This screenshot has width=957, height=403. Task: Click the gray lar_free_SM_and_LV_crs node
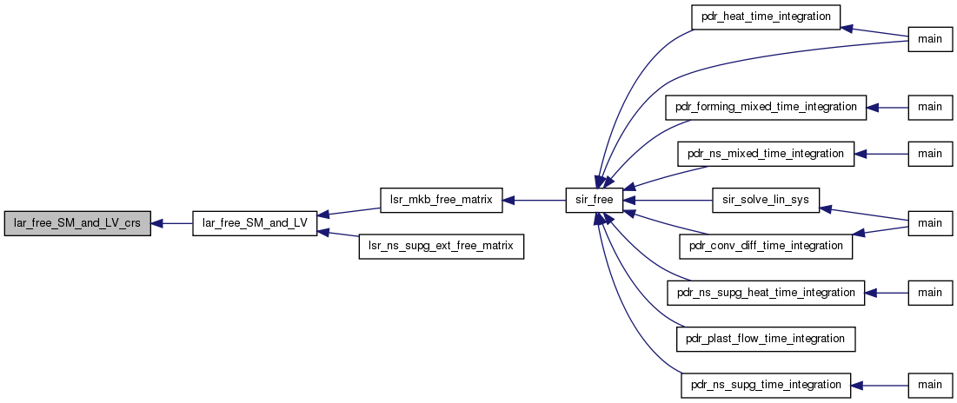pos(76,223)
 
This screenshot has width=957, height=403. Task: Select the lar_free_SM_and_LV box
pos(254,223)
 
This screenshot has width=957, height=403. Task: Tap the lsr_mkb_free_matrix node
pos(441,200)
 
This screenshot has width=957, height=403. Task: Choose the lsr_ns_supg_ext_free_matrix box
pos(441,247)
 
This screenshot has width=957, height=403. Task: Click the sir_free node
pos(594,200)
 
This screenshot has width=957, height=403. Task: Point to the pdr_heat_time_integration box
pos(765,17)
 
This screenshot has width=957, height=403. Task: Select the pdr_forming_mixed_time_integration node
pos(765,107)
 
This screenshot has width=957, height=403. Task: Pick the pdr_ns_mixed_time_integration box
pos(765,154)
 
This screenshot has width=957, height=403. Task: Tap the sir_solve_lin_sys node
pos(765,200)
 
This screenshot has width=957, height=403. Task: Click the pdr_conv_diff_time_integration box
pos(765,246)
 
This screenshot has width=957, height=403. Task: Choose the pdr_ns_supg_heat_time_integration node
pos(765,293)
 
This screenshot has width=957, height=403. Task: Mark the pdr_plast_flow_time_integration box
pos(765,339)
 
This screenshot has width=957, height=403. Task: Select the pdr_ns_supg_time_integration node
pos(765,384)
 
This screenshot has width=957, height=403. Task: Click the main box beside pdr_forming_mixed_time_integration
pos(929,107)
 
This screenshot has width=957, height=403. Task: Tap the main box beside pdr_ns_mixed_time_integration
pos(929,154)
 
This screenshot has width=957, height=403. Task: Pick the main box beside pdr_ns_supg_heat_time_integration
pos(929,293)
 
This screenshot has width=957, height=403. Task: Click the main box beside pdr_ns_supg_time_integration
pos(929,384)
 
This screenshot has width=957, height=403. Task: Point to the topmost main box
pos(929,40)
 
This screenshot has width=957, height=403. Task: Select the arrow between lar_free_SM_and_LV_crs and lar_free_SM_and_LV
pos(171,223)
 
